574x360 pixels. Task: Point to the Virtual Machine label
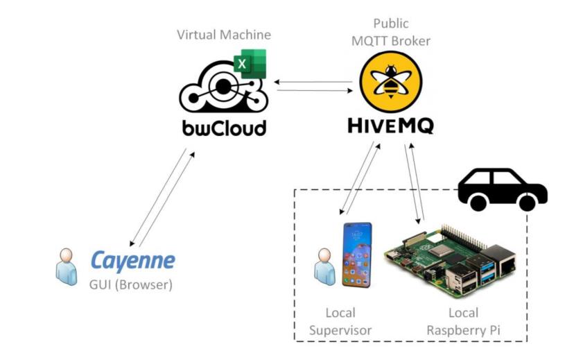tap(223, 34)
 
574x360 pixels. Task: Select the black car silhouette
tap(502, 188)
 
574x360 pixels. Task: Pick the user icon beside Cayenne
tap(67, 266)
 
